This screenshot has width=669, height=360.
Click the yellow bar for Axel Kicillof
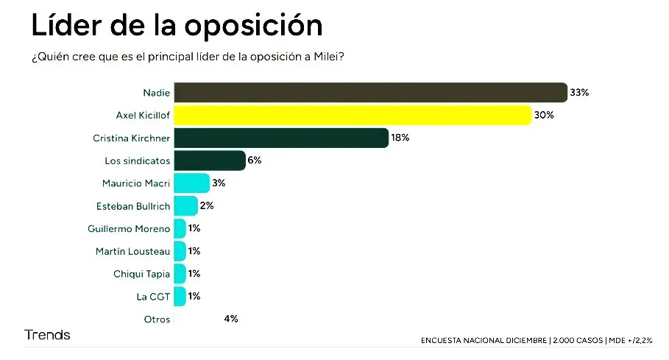coord(353,116)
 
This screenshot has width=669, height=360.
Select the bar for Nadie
coord(371,93)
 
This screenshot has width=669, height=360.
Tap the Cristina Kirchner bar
coord(281,138)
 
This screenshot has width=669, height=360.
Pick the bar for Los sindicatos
coord(210,160)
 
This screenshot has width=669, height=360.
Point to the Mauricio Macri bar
coord(192,183)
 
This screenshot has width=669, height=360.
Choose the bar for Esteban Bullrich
coord(186,205)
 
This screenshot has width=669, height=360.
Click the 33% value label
coord(579,93)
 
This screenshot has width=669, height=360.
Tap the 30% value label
coord(544,116)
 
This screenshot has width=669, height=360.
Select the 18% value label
coord(400,138)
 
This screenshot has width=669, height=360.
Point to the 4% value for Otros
coord(230,319)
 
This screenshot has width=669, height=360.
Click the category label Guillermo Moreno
coord(129,229)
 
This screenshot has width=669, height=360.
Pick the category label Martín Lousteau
coord(132,252)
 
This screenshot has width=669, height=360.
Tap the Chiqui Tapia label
coord(141,274)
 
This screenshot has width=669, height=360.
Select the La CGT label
coord(154,297)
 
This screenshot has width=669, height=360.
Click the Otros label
coord(157,320)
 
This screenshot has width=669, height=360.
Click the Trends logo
coord(47,335)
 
